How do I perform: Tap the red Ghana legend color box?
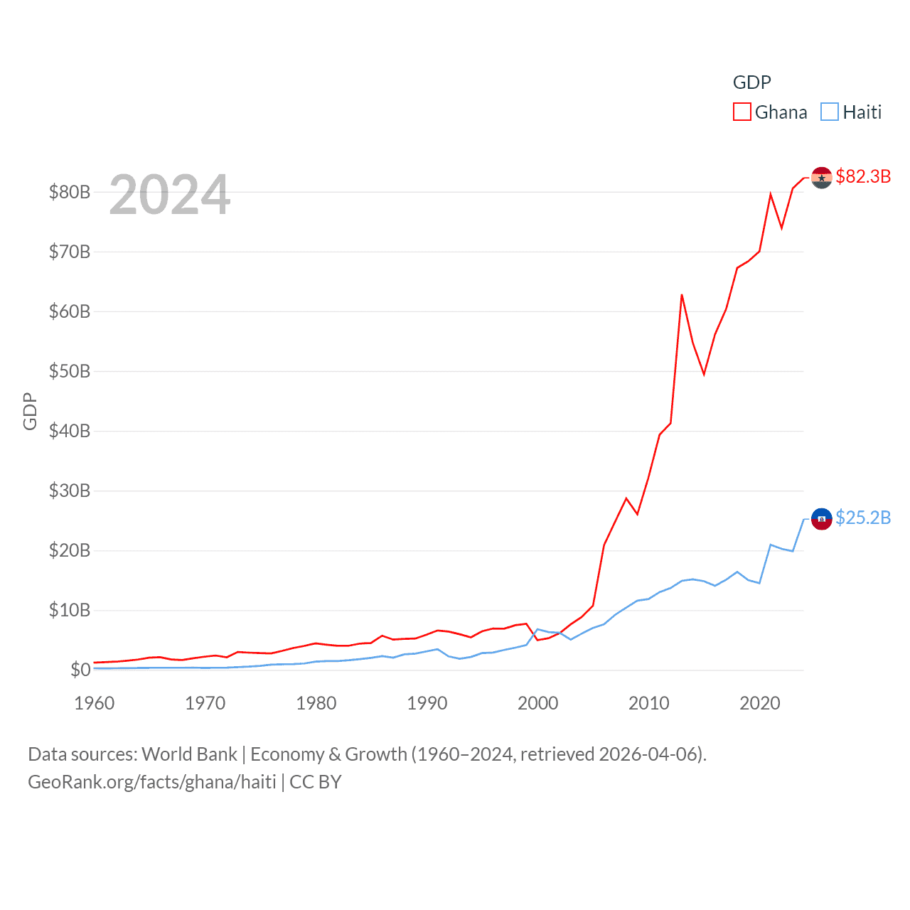pos(742,112)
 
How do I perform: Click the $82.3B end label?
pos(863,176)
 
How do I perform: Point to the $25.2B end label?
pos(863,518)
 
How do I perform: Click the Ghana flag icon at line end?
pos(821,178)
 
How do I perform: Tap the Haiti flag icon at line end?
pos(821,520)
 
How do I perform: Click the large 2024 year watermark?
pos(170,194)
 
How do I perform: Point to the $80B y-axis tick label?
pos(69,192)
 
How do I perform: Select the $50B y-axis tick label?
pos(69,371)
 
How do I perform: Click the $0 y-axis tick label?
pos(80,670)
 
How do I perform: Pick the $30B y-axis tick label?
pos(69,491)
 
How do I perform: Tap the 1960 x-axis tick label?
pos(95,703)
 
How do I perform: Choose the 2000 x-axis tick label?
pos(538,703)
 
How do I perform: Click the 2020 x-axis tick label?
pos(760,703)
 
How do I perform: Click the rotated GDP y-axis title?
pos(30,411)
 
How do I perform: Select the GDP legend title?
pos(751,82)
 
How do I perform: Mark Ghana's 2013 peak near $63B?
pos(682,295)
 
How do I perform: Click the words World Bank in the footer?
pos(189,754)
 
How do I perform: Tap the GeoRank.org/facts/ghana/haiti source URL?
pos(152,782)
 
